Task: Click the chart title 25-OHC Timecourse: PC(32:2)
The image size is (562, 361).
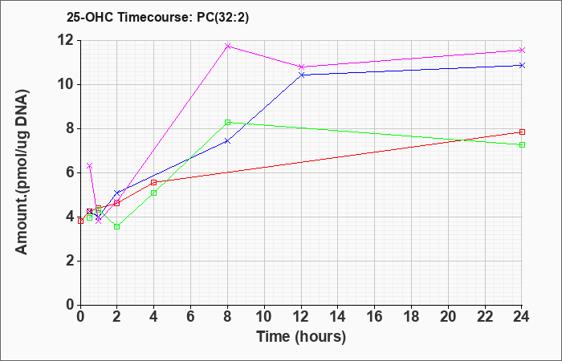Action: coord(157,17)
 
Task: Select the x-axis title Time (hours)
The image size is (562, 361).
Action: coord(301,337)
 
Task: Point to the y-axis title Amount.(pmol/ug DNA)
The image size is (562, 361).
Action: coord(22,172)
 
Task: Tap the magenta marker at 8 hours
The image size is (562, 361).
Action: coord(227,47)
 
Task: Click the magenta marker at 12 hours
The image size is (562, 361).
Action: coord(301,67)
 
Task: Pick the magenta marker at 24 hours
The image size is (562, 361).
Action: coord(522,50)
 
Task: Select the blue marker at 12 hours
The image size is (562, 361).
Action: coord(301,75)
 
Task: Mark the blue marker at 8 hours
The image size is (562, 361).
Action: coord(227,141)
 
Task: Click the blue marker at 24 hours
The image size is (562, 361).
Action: coord(522,65)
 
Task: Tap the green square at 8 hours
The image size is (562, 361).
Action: coord(227,122)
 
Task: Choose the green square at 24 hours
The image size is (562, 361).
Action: coord(522,144)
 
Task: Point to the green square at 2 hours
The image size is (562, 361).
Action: coord(117,226)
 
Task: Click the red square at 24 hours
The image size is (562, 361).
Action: coord(522,132)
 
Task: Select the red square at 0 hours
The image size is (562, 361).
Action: coord(80,221)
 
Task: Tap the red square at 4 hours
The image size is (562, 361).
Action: coord(154,182)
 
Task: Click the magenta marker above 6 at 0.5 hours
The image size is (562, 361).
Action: coord(90,165)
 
